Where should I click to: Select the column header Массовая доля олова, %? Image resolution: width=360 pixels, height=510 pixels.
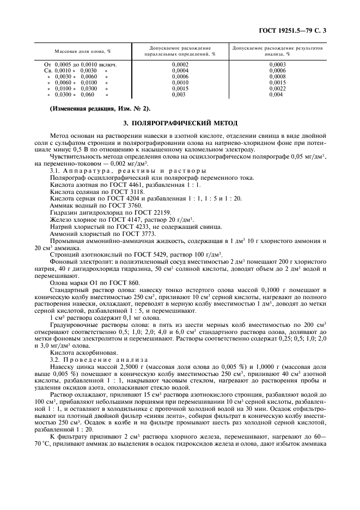point(83,51)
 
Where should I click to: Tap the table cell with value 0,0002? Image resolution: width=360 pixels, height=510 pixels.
point(180,65)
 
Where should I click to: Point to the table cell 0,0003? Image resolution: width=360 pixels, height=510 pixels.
point(277,65)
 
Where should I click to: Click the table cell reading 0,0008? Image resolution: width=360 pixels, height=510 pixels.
point(277,76)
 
